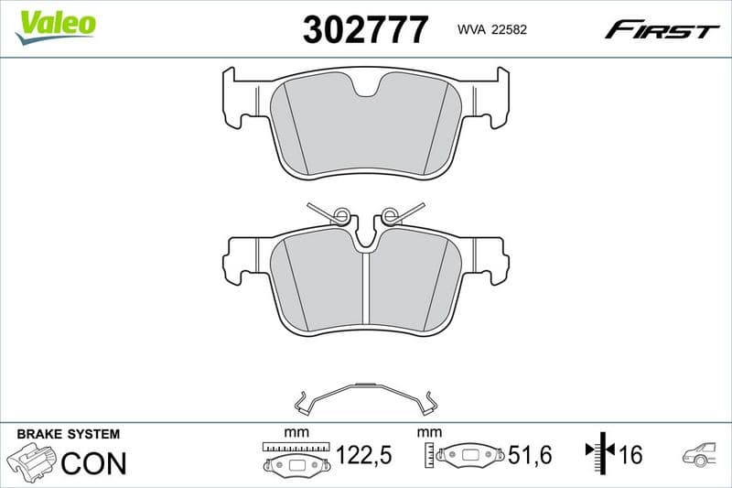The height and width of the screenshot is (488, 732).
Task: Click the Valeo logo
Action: [56, 25]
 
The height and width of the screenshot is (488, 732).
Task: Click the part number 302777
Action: [365, 30]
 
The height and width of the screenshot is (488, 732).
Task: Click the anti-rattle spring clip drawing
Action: [365, 396]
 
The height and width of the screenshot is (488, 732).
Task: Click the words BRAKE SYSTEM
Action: [69, 434]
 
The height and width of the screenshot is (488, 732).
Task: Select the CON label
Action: [93, 463]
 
